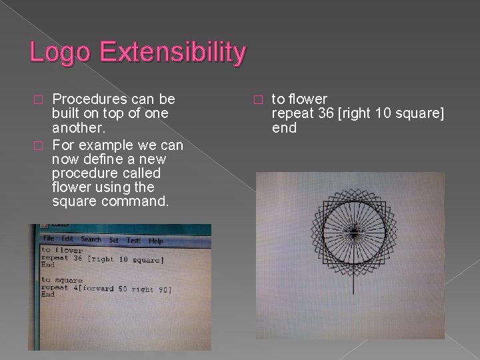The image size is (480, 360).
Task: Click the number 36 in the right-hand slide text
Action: click(327, 113)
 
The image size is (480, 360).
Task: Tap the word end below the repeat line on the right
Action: click(284, 127)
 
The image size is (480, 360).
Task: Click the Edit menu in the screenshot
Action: click(67, 239)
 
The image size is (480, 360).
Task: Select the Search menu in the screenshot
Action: click(91, 239)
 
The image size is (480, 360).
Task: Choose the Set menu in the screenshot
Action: click(114, 240)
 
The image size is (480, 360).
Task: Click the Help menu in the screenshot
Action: click(155, 241)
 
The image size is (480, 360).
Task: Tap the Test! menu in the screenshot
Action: click(133, 240)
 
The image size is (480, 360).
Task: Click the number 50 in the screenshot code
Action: click(125, 289)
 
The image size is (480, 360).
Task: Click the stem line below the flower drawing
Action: click(353, 283)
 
